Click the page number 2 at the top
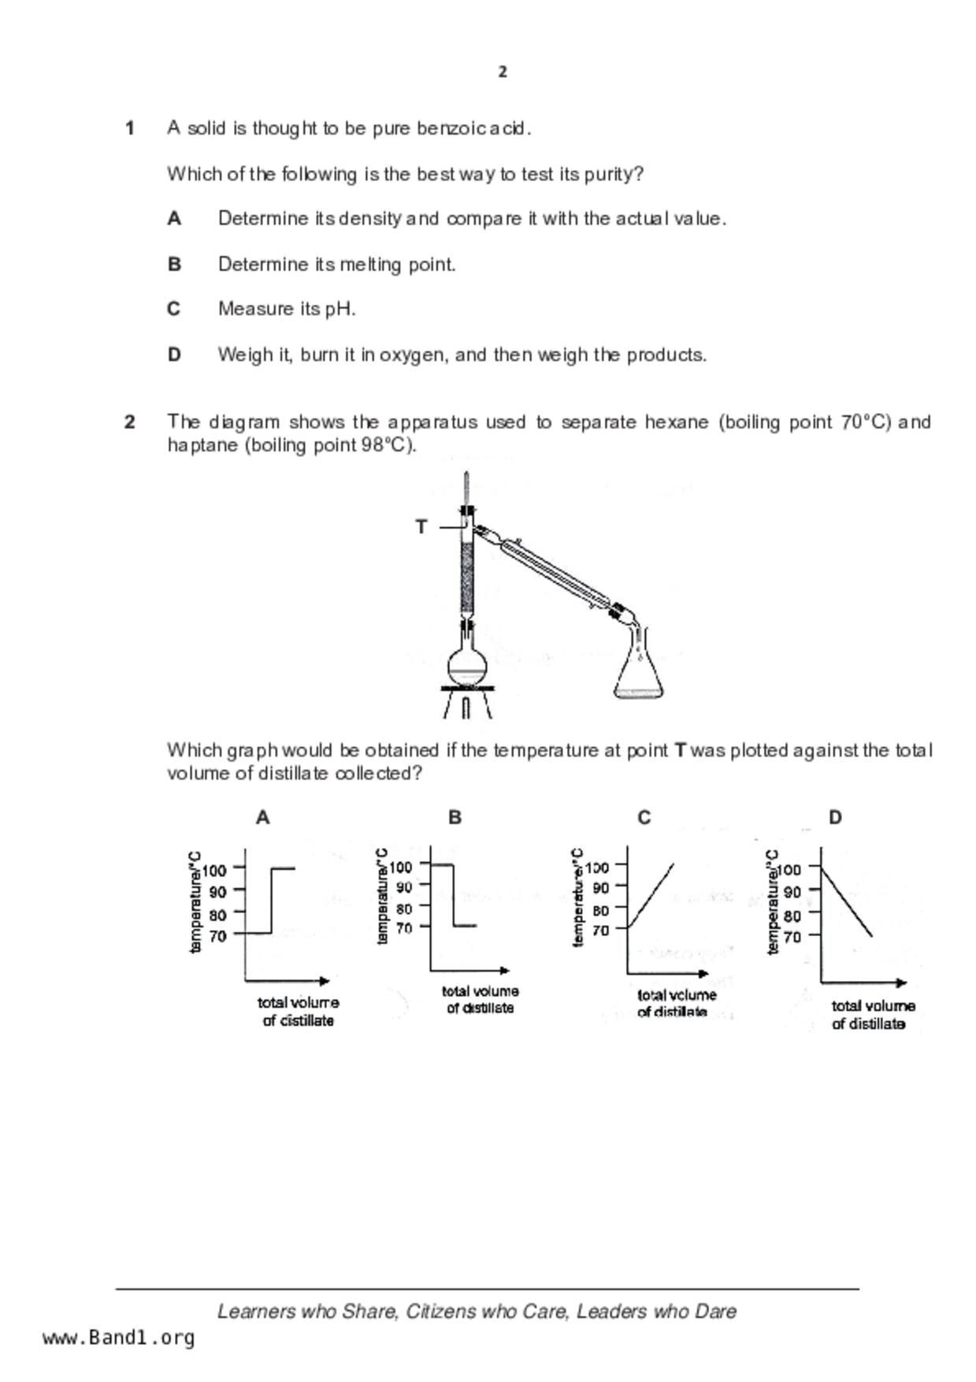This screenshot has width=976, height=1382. [503, 72]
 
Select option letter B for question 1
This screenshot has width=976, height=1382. [174, 264]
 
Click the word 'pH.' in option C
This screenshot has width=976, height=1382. [340, 309]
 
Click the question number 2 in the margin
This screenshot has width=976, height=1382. [130, 422]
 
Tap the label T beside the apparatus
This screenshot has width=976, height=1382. [421, 526]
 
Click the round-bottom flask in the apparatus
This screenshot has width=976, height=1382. [467, 667]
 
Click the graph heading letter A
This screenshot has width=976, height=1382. [263, 818]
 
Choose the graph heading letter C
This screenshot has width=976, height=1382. [644, 818]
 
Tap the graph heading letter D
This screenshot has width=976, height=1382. [835, 818]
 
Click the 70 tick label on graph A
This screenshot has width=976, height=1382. [217, 936]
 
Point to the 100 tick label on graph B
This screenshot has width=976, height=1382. [400, 867]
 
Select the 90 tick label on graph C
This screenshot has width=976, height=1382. [601, 888]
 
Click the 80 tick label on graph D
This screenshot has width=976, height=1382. [792, 916]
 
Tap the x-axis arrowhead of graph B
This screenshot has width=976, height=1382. [504, 971]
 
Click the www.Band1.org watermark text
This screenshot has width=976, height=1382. [118, 1338]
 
